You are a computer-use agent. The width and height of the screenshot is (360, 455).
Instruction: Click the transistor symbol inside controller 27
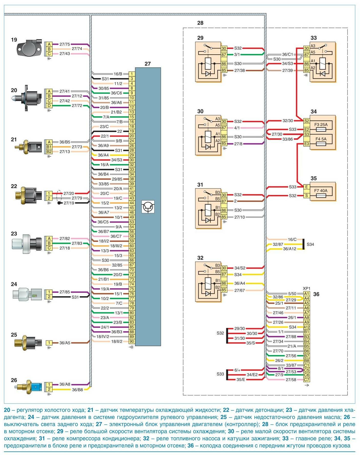(148, 207)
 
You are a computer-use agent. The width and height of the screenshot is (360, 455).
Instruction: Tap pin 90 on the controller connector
(132, 341)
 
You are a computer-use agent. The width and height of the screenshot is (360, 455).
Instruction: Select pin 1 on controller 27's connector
(132, 74)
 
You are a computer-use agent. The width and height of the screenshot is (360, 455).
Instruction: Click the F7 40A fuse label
(321, 191)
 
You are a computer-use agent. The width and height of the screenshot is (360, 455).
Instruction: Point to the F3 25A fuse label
(321, 125)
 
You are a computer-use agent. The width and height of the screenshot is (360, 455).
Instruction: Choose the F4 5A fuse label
(321, 139)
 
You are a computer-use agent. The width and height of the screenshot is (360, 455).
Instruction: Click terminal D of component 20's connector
(49, 106)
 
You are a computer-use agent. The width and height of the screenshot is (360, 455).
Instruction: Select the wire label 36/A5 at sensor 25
(65, 343)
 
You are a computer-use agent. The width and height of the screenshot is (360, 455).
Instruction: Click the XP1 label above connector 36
(306, 288)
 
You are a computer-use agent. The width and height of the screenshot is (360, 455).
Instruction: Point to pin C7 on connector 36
(306, 380)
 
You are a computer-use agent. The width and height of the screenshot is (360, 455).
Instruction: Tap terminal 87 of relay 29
(224, 55)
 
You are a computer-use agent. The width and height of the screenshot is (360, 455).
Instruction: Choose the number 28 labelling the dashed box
(200, 23)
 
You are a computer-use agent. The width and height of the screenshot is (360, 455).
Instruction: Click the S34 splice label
(310, 244)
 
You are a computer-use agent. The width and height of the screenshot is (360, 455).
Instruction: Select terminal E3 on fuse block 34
(306, 144)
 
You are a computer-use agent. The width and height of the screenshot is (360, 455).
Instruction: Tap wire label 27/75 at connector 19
(65, 44)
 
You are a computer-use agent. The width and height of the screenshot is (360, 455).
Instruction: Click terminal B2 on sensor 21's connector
(49, 152)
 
